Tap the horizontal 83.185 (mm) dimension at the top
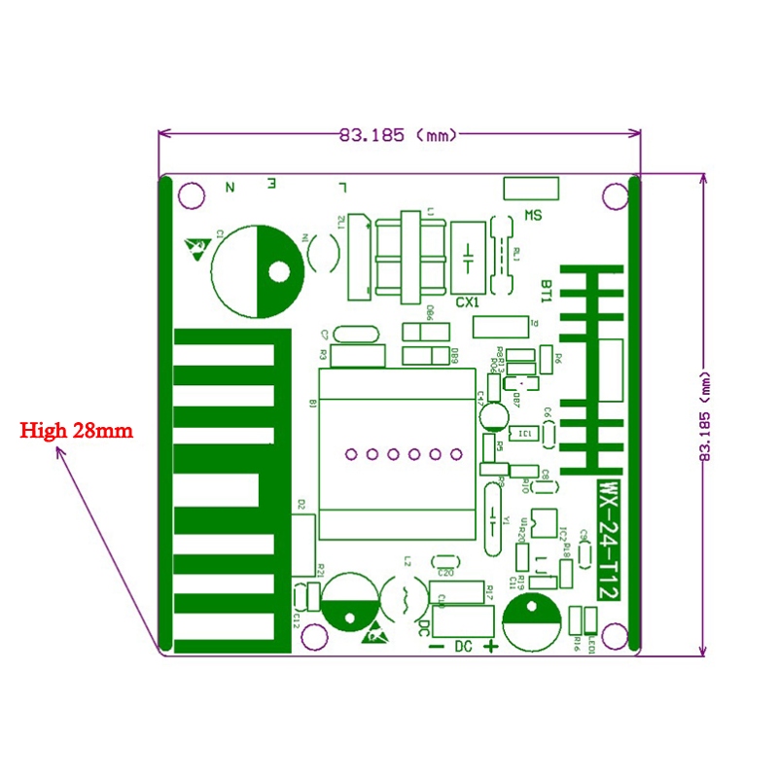(398, 135)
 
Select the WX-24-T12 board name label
(608, 536)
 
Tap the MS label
(532, 215)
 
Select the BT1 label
(547, 291)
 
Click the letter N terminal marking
(230, 186)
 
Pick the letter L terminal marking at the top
(340, 186)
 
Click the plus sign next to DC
(491, 648)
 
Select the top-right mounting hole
(613, 196)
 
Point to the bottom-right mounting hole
(614, 636)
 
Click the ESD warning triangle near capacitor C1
(194, 249)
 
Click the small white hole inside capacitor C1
(280, 273)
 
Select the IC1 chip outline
(524, 433)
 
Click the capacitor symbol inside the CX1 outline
(469, 258)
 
